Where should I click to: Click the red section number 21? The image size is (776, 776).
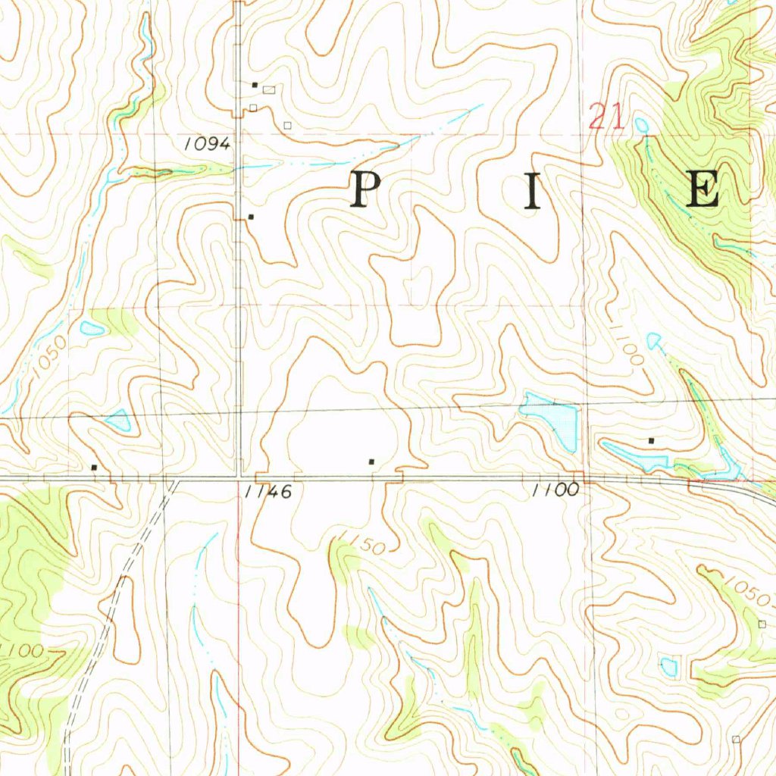click(x=606, y=117)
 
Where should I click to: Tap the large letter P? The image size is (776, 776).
click(x=364, y=189)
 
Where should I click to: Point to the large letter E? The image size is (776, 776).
click(x=702, y=189)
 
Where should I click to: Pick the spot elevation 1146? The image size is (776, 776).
click(x=268, y=492)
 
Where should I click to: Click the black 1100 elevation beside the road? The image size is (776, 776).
click(x=555, y=490)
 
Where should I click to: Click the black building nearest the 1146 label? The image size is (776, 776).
click(x=371, y=461)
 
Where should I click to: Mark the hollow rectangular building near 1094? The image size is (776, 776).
click(x=269, y=89)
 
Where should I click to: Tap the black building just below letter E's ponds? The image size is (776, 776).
click(x=651, y=440)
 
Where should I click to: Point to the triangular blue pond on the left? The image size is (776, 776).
click(x=119, y=421)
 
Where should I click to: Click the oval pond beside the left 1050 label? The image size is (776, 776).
click(x=92, y=328)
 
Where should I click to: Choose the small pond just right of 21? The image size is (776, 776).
click(x=642, y=124)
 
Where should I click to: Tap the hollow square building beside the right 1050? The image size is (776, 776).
click(x=762, y=624)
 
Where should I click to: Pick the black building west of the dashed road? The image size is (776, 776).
click(x=94, y=468)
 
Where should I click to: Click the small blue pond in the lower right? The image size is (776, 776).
click(x=668, y=666)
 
